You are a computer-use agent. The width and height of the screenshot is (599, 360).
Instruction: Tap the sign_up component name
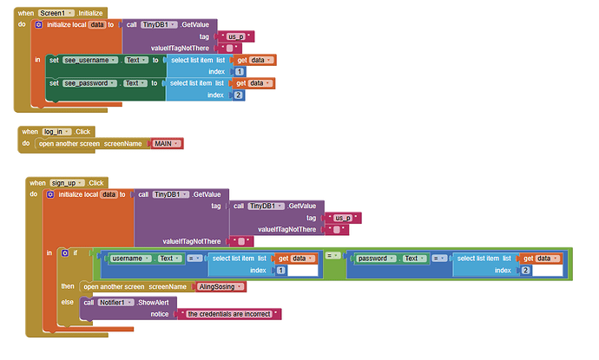pos(66,183)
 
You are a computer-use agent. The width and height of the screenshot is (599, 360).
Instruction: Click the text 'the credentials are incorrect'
pos(229,313)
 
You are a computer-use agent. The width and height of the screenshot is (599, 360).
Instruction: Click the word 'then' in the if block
pos(67,286)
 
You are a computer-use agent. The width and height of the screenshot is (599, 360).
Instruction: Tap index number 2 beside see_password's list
pos(239,95)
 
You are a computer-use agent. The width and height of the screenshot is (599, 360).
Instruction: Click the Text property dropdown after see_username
pos(135,60)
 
